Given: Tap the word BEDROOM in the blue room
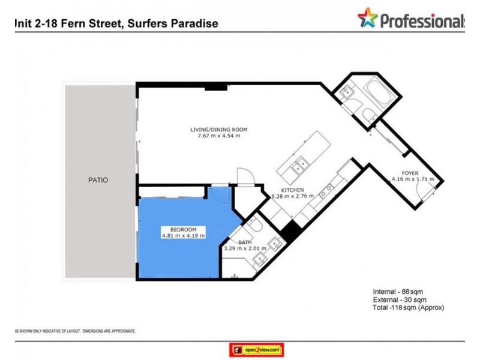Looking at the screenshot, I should pos(183,229).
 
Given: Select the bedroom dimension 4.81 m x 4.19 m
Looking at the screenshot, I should pos(183,236).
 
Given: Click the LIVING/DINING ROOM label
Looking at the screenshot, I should pos(218,130).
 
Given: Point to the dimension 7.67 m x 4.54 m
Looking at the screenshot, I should pos(218,136).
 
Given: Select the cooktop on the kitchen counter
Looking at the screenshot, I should pos(326,191).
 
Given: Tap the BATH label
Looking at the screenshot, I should pos(245,242).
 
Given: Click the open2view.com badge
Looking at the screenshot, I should pos(256,349).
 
